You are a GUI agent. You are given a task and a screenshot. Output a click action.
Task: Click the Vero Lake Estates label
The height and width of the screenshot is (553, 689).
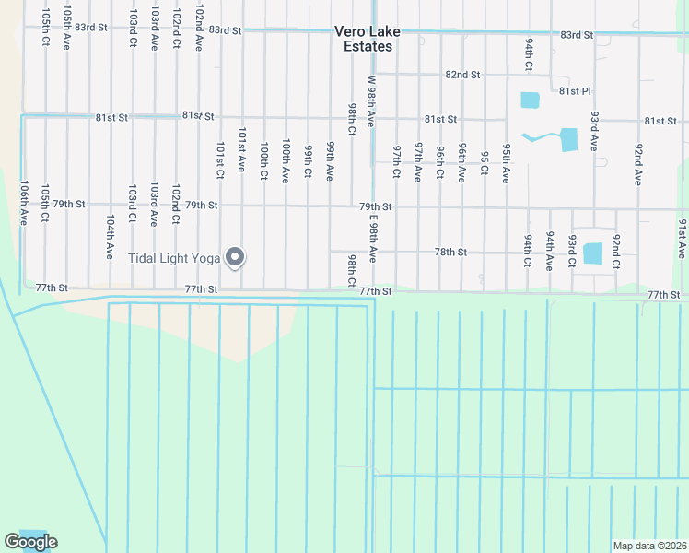tap(367, 38)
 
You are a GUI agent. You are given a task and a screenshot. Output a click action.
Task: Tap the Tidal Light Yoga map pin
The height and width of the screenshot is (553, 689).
tap(235, 258)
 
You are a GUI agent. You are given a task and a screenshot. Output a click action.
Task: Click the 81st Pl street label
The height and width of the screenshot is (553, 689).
tap(574, 92)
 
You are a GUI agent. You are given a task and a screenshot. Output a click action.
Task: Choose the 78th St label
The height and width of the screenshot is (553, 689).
tap(451, 252)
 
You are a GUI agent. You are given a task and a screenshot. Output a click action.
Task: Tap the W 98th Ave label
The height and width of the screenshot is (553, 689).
tap(372, 101)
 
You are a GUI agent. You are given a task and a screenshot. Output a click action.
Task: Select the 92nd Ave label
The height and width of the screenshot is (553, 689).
tap(637, 164)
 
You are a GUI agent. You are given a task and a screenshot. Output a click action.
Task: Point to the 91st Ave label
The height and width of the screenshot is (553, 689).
tap(682, 238)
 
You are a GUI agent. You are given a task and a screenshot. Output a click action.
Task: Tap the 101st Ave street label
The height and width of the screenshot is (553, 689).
tap(241, 149)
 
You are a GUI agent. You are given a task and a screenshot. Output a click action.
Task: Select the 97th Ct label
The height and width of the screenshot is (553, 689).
tap(396, 161)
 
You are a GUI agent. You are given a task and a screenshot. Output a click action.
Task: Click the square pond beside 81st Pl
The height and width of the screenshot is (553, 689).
tap(530, 100)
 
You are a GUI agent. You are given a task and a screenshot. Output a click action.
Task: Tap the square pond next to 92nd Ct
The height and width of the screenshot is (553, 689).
tap(593, 253)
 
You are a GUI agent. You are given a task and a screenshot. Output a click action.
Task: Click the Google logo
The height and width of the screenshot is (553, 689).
tap(30, 542)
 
